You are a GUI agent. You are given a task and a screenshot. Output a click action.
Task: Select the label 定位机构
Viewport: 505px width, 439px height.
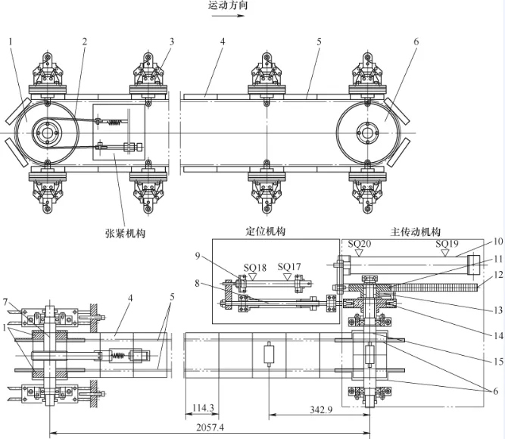267,231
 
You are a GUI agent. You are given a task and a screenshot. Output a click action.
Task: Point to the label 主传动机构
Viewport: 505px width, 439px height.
414,231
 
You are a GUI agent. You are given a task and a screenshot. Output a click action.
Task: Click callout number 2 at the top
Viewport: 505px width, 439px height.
85,41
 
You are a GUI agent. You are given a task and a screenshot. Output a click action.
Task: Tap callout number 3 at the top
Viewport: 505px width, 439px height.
172,41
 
